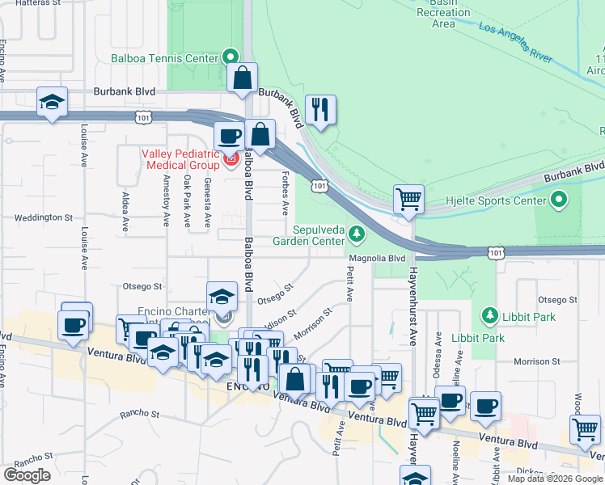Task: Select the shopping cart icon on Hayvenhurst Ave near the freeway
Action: click(409, 199)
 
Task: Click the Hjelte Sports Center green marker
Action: click(559, 199)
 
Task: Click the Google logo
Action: click(27, 475)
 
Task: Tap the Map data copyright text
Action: click(555, 479)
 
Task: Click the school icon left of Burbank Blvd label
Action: click(53, 102)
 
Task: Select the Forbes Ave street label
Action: click(285, 192)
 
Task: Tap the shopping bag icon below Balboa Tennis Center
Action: click(242, 78)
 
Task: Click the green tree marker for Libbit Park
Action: click(488, 314)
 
